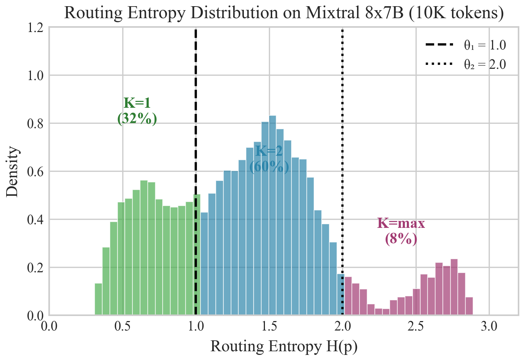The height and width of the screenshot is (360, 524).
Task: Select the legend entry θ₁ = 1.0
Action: click(466, 45)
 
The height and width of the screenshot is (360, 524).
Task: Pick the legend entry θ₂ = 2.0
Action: click(466, 64)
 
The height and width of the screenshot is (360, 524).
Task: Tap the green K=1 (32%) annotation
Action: click(137, 111)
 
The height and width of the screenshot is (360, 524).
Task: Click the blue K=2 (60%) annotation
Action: click(269, 159)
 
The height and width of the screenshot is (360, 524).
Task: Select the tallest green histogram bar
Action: click(144, 248)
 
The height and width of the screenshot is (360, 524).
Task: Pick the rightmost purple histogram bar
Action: click(469, 306)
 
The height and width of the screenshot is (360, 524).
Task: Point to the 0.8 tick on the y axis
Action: click(35, 123)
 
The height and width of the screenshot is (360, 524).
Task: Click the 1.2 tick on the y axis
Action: click(35, 27)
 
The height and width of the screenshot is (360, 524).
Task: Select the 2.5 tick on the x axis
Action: click(416, 327)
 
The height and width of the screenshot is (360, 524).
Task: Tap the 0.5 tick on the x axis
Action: click(123, 327)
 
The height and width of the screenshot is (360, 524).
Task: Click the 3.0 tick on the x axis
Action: click(489, 327)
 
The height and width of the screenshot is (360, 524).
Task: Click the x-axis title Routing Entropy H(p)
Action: click(284, 347)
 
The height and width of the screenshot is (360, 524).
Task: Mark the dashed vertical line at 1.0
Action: click(196, 109)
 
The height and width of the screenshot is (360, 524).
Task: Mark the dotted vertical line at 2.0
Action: click(342, 109)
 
